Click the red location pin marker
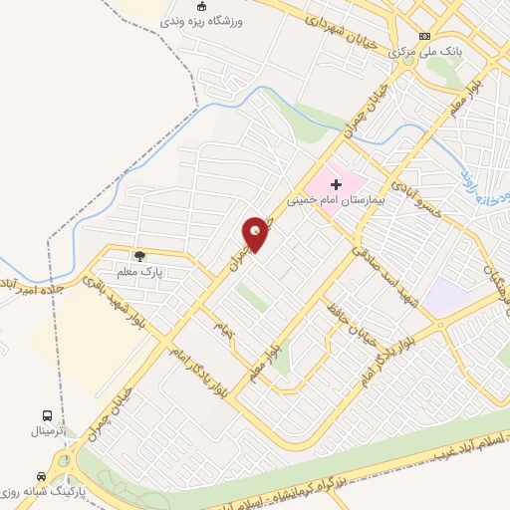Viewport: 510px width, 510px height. coord(256,234)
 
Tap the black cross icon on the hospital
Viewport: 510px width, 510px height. coord(336,183)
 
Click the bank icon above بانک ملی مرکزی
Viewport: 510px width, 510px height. coord(423,35)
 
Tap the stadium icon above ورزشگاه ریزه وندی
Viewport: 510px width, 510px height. coord(201,6)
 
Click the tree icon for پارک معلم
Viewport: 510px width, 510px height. coord(139,257)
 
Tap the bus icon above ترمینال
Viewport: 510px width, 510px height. coord(47,415)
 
